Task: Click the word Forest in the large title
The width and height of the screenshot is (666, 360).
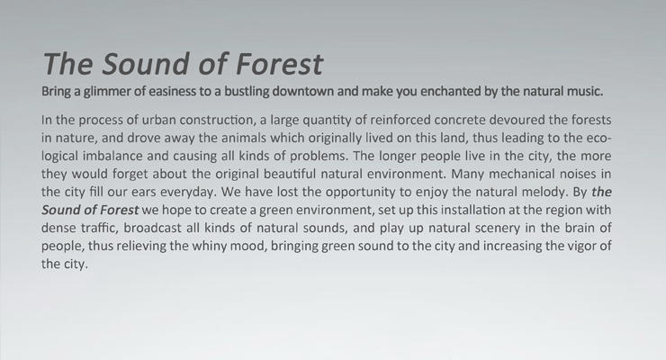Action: coord(280,64)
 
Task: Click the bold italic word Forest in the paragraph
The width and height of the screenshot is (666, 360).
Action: coord(118,210)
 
